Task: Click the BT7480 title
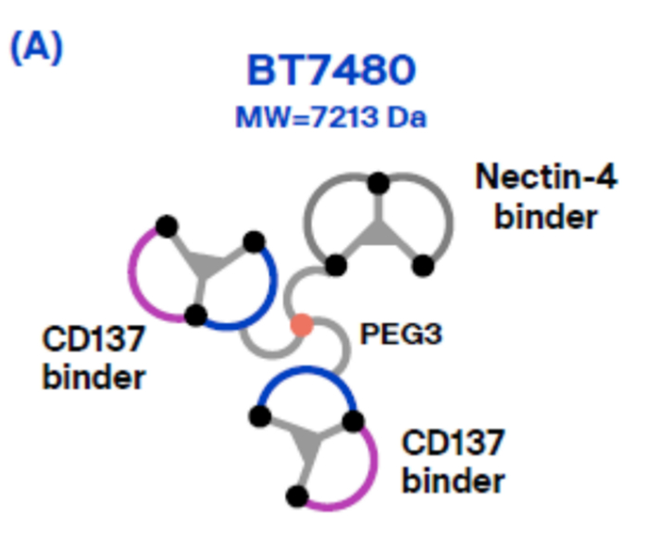pos(330,72)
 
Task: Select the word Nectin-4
pos(546,176)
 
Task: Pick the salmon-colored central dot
pos(301,325)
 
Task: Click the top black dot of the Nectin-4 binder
pos(377,183)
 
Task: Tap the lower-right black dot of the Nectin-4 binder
pos(423,265)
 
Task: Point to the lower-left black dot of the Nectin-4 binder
pos(336,265)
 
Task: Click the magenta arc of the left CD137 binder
pos(139,277)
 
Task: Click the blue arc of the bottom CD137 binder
pos(305,379)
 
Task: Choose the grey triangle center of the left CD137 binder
pos(210,268)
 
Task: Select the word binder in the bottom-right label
pos(454,481)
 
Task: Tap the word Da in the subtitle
pos(408,118)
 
